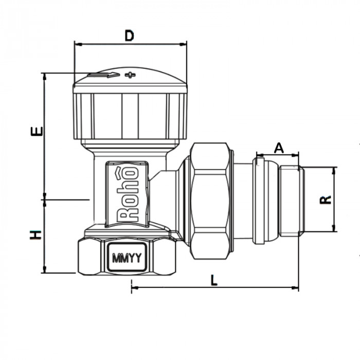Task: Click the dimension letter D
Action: pos(130,35)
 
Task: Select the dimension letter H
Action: pos(35,236)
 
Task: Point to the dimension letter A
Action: pos(278,148)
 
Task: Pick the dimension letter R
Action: pos(325,199)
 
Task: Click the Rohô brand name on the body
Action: pos(129,193)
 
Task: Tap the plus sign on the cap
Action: pos(130,76)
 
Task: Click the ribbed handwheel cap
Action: pos(130,116)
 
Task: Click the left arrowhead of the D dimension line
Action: pos(77,45)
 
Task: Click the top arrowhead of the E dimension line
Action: pos(45,75)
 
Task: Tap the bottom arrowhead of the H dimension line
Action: pos(45,271)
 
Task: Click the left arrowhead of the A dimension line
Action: pos(258,154)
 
